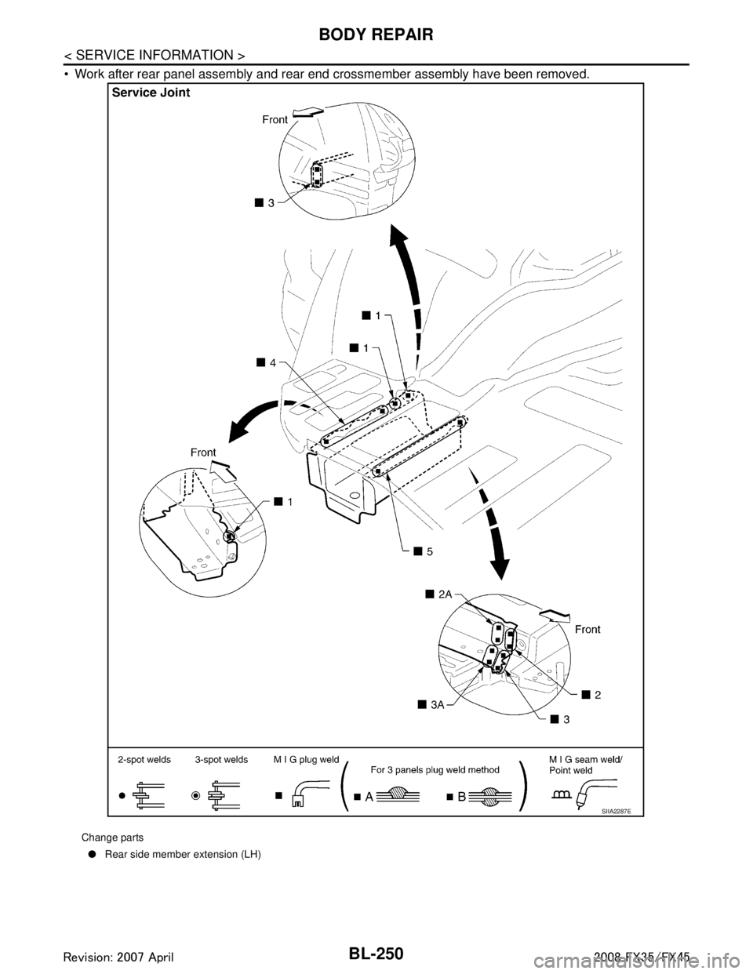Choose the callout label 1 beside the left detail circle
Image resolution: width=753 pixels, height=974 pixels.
pos(284,503)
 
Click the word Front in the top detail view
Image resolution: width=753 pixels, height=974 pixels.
pos(276,120)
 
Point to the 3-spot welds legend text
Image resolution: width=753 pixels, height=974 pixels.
pos(221,760)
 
